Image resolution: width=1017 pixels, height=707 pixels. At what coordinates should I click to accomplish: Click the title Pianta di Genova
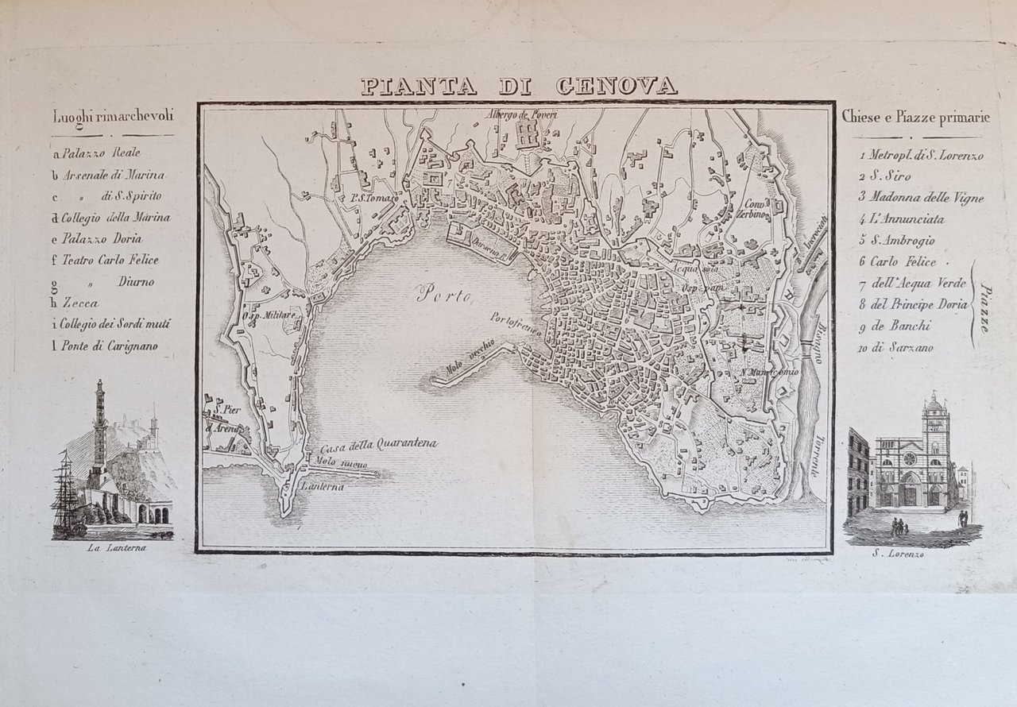coord(519,86)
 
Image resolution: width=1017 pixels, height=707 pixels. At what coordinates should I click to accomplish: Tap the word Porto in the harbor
coord(444,296)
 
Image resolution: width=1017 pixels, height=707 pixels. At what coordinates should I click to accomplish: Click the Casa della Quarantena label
coord(380,445)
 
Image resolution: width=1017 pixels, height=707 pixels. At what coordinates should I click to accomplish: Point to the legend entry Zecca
coord(80,303)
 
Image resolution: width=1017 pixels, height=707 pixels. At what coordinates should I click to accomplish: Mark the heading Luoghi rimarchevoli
coord(113,117)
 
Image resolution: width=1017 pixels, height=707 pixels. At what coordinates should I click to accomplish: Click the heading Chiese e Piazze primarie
coord(916,118)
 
